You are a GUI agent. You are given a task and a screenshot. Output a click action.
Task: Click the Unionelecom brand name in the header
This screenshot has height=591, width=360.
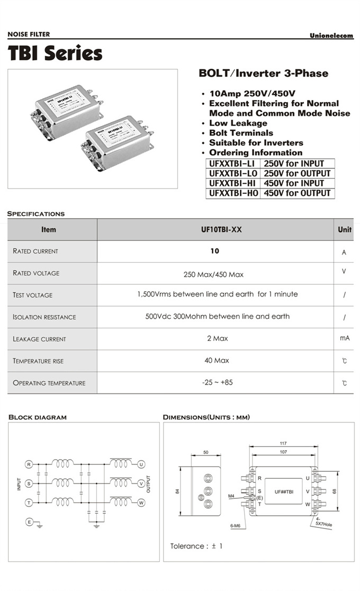point(331,35)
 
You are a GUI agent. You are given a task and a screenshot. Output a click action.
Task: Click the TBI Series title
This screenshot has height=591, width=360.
point(55,53)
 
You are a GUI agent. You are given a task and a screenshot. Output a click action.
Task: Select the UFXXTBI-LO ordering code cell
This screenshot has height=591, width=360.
point(233,173)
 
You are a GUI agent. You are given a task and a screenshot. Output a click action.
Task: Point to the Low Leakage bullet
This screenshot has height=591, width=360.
point(238,123)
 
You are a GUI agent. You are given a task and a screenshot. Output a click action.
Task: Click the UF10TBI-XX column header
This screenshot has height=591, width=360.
point(214,230)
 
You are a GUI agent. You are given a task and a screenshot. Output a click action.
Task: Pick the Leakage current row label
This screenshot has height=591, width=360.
point(39,339)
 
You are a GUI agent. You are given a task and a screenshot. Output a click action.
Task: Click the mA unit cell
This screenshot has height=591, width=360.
point(345,338)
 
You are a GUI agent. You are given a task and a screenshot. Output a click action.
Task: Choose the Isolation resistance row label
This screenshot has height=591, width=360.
point(44,317)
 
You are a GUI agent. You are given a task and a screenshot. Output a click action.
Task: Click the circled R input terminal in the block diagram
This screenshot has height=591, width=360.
point(29,464)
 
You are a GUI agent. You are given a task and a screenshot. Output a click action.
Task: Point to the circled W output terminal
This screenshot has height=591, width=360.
point(141,503)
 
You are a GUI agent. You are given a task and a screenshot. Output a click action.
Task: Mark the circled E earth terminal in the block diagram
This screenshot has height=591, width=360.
point(29,522)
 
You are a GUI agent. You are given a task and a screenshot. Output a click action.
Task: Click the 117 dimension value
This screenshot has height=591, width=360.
point(283,443)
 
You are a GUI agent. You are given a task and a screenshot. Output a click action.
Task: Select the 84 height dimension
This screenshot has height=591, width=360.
point(178,490)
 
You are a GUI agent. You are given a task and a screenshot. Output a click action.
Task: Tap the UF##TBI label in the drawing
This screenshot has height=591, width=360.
point(284,492)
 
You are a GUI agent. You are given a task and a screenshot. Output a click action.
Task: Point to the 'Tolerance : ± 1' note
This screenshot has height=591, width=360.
point(196,546)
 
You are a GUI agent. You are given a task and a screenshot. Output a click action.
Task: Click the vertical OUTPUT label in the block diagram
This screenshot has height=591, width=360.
point(149,483)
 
